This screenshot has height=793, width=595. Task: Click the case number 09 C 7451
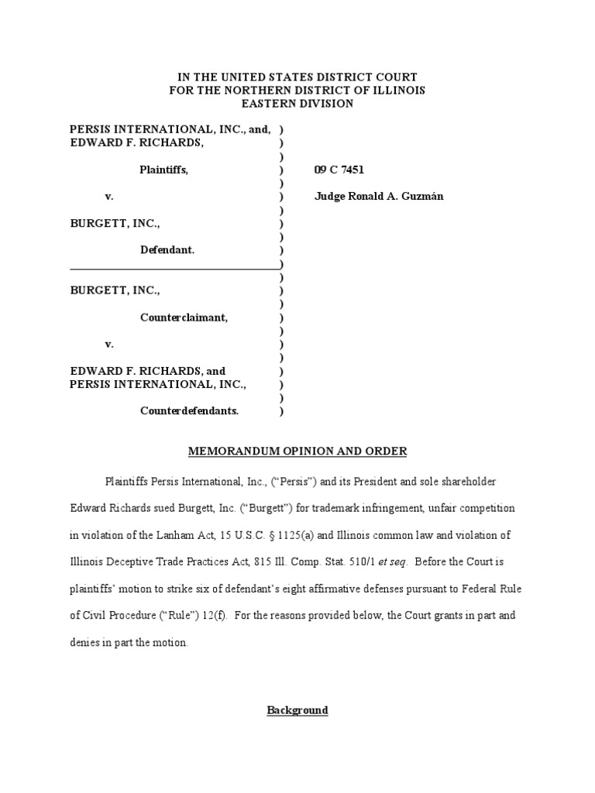tap(339, 170)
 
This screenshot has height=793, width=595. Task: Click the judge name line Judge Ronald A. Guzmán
tap(379, 197)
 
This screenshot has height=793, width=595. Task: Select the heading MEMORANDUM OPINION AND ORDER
tap(297, 451)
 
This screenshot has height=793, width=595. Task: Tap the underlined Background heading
tap(297, 709)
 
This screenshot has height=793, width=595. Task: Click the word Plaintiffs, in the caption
tap(163, 170)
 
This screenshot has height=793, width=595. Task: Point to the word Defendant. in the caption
tap(167, 250)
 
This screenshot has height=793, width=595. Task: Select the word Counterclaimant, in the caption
tap(184, 317)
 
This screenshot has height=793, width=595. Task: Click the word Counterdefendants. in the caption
tap(189, 410)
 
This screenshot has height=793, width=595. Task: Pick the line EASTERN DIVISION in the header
tap(297, 103)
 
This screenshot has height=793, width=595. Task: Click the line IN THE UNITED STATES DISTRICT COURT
tap(297, 77)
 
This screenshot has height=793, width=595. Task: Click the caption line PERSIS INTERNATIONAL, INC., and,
tap(170, 130)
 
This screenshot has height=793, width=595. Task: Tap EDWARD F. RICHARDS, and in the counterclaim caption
tap(147, 371)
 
